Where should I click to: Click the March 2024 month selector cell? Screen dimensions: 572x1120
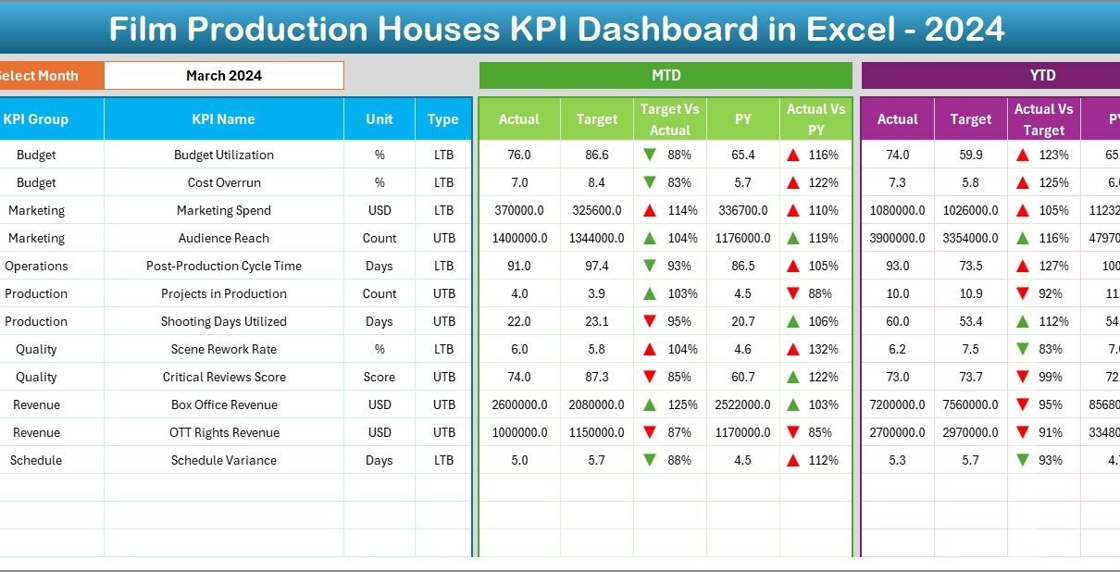223,76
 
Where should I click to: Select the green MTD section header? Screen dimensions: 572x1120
666,76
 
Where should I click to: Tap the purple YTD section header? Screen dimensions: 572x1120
1042,76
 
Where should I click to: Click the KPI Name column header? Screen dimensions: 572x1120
223,119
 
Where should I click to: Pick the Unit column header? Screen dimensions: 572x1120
380,119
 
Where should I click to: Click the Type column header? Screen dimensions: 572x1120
443,119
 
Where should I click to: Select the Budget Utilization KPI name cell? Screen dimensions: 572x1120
223,155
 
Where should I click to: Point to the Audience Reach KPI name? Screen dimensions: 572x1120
223,238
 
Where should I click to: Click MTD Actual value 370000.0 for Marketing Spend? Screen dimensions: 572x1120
518,210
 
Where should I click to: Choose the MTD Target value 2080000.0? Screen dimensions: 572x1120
596,404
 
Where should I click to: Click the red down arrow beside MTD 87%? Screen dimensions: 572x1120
650,432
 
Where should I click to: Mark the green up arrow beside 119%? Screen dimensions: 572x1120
794,238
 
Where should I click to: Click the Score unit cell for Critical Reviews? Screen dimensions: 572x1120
380,377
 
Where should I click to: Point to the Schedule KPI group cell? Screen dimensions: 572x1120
36,460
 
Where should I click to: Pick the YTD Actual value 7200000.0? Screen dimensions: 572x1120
897,404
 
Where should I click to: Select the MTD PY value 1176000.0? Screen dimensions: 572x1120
742,238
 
